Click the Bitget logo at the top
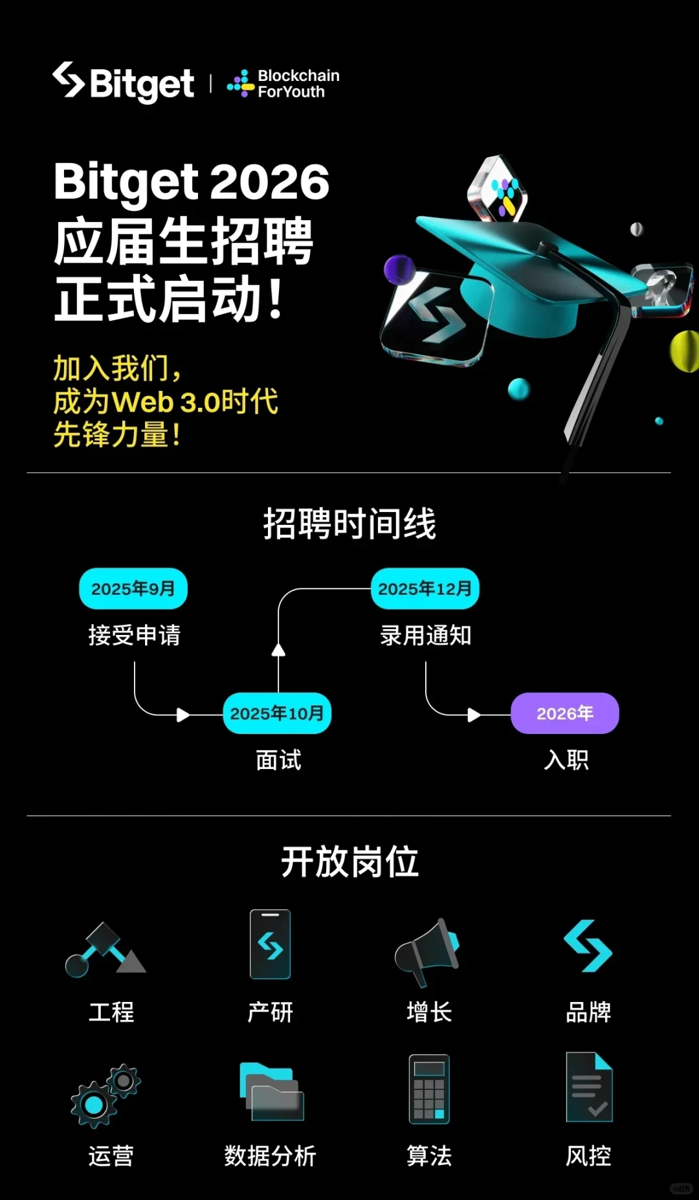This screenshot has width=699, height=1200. (123, 83)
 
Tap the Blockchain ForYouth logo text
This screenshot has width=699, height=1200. (298, 83)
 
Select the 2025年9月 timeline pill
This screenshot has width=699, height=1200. (133, 588)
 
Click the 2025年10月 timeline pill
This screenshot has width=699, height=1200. (277, 713)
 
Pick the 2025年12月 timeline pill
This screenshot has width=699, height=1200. (425, 588)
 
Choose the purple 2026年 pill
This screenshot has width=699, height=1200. (565, 713)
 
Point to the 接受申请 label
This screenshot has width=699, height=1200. (135, 635)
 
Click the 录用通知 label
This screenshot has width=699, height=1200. (425, 635)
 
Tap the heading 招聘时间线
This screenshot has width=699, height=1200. (349, 524)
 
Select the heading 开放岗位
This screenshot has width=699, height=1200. (349, 862)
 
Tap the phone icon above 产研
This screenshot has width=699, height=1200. (271, 944)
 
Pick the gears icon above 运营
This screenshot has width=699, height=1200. (105, 1095)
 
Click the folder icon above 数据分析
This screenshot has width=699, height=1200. (271, 1092)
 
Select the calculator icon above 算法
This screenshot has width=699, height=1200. (429, 1089)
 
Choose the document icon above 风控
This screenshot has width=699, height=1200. (589, 1087)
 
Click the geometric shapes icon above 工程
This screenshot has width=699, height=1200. (105, 950)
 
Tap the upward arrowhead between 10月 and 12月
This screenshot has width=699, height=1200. (278, 650)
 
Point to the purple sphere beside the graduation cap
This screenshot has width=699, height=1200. (399, 269)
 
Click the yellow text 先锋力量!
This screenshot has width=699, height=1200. (116, 434)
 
